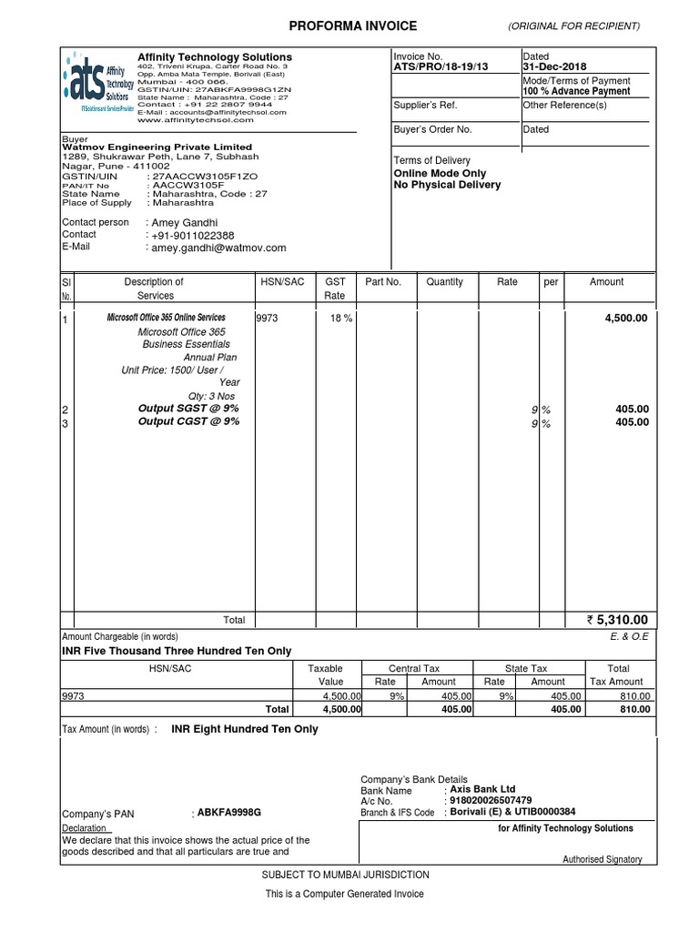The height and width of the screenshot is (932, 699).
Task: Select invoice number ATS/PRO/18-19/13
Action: pos(441,67)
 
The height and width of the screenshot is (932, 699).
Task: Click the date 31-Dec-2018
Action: pos(555,67)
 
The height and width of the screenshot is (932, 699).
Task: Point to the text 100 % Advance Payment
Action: pos(576,91)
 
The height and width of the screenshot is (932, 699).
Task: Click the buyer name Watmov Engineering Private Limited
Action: pos(157,147)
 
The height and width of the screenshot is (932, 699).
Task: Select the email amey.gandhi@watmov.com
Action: pos(218,248)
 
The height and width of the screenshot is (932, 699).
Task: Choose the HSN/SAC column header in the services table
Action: pos(282,282)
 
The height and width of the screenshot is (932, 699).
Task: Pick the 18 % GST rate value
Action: pos(341,319)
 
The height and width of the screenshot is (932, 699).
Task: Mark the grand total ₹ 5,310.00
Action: pos(618,620)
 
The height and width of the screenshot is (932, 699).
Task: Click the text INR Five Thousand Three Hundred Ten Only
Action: pos(177,651)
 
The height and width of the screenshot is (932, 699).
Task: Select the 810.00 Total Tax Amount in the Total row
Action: pos(635,709)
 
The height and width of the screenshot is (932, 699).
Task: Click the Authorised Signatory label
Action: pos(602,859)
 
